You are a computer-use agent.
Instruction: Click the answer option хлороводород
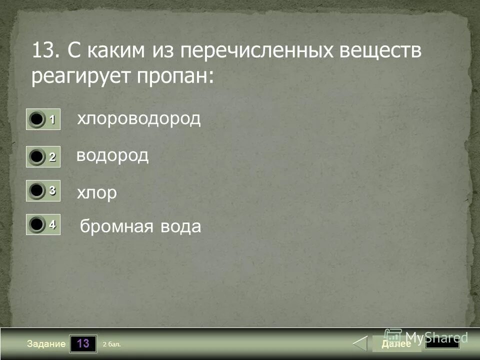138,119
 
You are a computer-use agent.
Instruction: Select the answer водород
112,155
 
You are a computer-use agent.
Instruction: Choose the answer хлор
96,192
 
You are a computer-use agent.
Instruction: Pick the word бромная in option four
116,227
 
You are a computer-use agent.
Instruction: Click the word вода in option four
180,227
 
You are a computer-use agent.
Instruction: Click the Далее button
396,344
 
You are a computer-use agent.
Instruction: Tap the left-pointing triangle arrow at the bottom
360,344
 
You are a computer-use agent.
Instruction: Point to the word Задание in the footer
47,344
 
